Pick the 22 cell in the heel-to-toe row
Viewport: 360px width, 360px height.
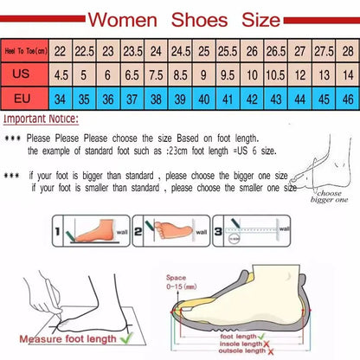click(61, 50)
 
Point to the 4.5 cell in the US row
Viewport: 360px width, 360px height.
click(61, 74)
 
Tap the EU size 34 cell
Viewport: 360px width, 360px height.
click(61, 99)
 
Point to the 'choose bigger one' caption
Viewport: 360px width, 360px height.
click(330, 197)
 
